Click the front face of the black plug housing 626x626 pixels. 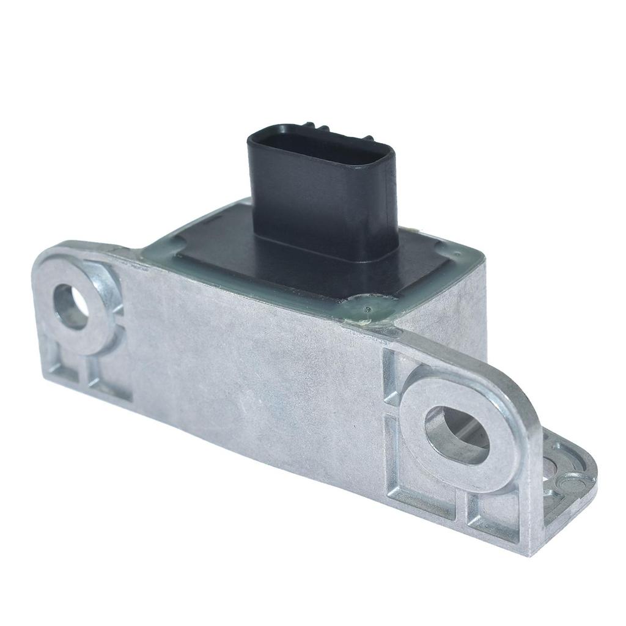318,202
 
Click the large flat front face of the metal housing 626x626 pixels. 257,391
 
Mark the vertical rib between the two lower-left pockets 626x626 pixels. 85,374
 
